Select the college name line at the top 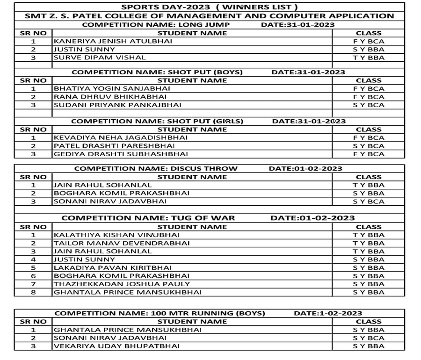tap(209, 16)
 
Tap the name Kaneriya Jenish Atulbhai tap(113, 41)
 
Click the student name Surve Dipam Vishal tap(100, 58)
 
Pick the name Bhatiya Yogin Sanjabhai tap(112, 88)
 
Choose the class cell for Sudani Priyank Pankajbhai tap(369, 105)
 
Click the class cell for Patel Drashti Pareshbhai tap(369, 146)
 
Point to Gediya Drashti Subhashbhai tap(121, 154)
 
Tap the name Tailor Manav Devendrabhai tap(122, 243)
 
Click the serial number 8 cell tap(33, 292)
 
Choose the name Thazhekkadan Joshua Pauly tap(122, 284)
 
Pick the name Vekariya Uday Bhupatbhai tap(116, 346)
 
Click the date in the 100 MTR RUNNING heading tap(328, 313)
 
